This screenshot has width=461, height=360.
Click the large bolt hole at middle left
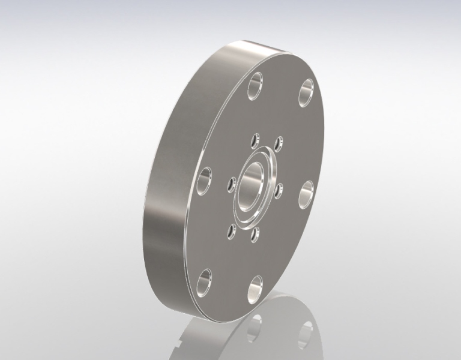point(204,179)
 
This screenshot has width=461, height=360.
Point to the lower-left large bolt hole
point(204,278)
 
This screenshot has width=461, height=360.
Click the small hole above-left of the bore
point(254,142)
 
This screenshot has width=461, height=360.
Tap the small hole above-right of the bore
point(278,144)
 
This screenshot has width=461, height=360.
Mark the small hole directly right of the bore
point(279,191)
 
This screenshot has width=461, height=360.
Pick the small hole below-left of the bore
point(230,229)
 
